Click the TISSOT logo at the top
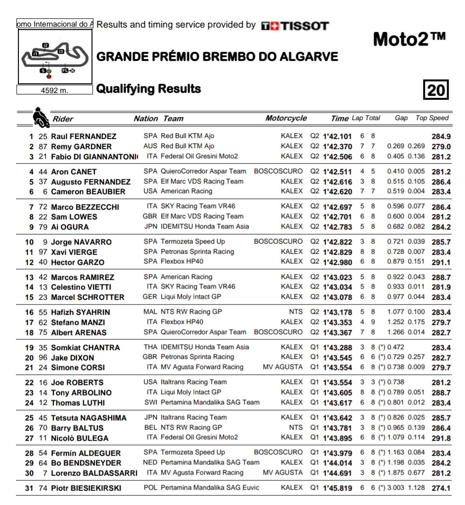click(x=294, y=26)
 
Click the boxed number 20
click(x=435, y=90)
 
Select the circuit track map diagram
click(x=55, y=57)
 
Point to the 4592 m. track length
click(x=54, y=90)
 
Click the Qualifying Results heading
click(x=149, y=89)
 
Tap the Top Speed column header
click(x=432, y=118)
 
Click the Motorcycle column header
click(x=286, y=118)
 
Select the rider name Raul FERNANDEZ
click(x=84, y=137)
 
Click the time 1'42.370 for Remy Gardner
click(x=337, y=147)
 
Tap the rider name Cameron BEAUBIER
click(x=88, y=192)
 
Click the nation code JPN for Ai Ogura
click(x=150, y=227)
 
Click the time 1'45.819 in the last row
click(x=337, y=488)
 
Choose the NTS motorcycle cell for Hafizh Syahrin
click(x=296, y=312)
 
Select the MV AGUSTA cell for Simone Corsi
click(x=283, y=367)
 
